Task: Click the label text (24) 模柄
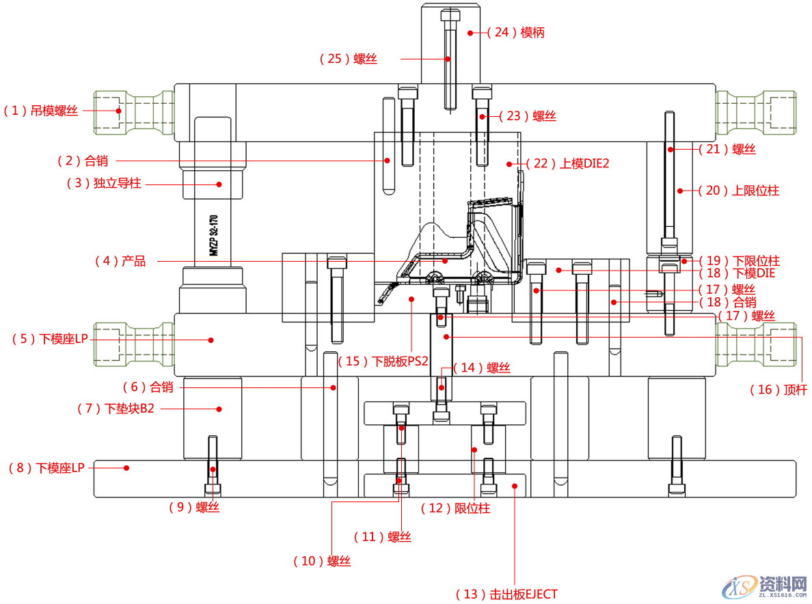coord(515,32)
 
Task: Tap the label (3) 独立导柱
coord(104,183)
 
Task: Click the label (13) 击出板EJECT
coord(506,594)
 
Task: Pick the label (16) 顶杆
coord(779,389)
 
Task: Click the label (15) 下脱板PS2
coord(383,361)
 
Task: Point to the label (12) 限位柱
coord(455,508)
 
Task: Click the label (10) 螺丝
coord(322,561)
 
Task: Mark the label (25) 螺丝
coord(349,59)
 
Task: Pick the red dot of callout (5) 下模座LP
coord(211,340)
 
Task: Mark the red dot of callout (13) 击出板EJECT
coord(515,485)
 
